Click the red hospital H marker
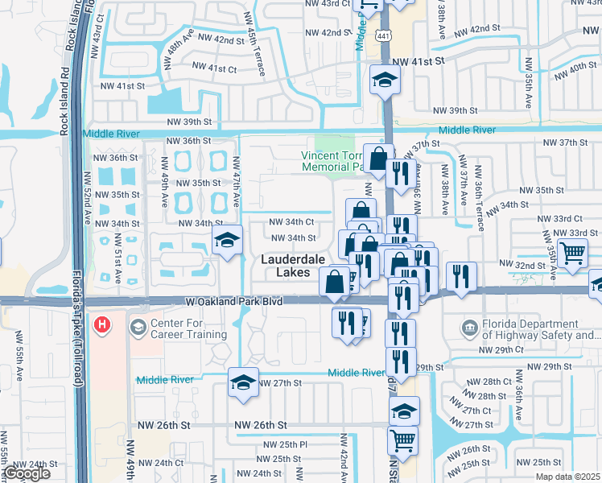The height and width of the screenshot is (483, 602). click(103, 326)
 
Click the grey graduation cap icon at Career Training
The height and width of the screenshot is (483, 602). click(138, 327)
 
